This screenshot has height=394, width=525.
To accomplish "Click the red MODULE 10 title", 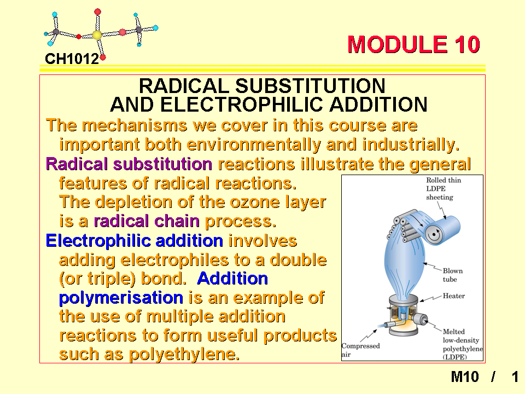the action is click(x=414, y=44).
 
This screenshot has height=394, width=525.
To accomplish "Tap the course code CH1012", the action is click(x=72, y=59).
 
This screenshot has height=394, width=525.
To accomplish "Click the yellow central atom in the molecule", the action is click(x=97, y=35).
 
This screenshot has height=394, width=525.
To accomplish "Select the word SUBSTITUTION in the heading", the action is click(x=311, y=86).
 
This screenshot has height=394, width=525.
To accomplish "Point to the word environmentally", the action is click(x=253, y=145).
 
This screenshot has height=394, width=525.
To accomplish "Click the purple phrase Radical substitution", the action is click(x=129, y=164).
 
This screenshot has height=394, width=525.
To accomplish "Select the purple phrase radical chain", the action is click(x=147, y=221).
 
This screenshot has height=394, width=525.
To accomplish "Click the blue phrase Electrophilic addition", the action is click(x=135, y=241).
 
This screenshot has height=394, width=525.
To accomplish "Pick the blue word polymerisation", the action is click(x=121, y=298).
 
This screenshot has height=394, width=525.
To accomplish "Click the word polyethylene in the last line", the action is click(x=184, y=355).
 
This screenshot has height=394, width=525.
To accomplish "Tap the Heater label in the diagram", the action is click(x=454, y=296).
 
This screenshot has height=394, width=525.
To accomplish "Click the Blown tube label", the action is click(x=453, y=275).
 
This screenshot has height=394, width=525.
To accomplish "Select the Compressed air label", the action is click(x=360, y=350).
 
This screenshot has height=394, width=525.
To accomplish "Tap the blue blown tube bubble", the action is click(x=405, y=265).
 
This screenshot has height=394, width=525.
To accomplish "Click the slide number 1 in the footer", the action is click(x=515, y=377).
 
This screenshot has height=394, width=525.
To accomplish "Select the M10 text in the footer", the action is click(x=465, y=377).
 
